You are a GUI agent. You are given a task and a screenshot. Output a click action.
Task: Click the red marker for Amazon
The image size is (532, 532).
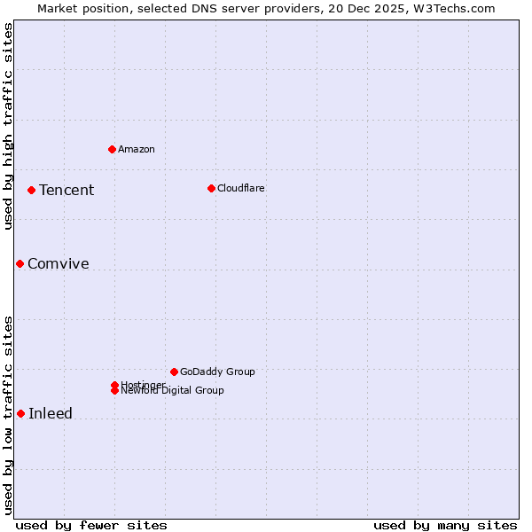click(x=112, y=149)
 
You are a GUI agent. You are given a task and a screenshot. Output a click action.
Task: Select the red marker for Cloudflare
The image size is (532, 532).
click(x=211, y=188)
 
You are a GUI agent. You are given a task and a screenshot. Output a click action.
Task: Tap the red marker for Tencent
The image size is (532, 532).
click(x=31, y=190)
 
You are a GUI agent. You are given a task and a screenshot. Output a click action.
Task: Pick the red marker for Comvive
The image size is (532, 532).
click(x=20, y=263)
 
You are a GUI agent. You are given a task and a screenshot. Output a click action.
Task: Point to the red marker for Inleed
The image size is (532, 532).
click(x=20, y=413)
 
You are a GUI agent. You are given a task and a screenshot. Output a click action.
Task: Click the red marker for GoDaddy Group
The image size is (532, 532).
click(x=174, y=372)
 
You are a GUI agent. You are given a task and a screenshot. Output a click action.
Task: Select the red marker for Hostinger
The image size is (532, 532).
click(x=114, y=385)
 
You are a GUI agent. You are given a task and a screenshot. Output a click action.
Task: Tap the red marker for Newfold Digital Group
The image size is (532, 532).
click(x=114, y=391)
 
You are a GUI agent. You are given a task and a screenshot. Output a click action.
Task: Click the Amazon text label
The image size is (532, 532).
click(x=137, y=149)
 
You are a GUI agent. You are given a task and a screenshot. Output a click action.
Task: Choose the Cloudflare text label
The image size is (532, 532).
click(x=241, y=188)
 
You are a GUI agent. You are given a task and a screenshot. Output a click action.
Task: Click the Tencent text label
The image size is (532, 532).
click(x=66, y=190)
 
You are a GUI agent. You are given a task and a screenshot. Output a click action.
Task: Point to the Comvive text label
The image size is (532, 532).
click(x=59, y=263)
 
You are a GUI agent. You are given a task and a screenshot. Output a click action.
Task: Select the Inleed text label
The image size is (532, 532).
click(x=51, y=413)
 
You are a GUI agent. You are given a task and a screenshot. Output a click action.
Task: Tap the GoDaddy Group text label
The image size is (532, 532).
click(x=217, y=372)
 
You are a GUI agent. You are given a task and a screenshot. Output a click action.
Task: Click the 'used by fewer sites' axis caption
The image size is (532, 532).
click(x=91, y=525)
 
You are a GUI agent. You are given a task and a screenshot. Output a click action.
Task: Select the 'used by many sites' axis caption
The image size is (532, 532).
click(x=445, y=525)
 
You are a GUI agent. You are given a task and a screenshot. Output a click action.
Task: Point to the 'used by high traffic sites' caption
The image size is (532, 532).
click(x=8, y=126)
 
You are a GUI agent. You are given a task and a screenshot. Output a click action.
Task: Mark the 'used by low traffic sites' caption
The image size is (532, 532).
click(x=8, y=415)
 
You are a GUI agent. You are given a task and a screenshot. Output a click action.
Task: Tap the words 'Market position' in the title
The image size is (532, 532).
click(x=79, y=8)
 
